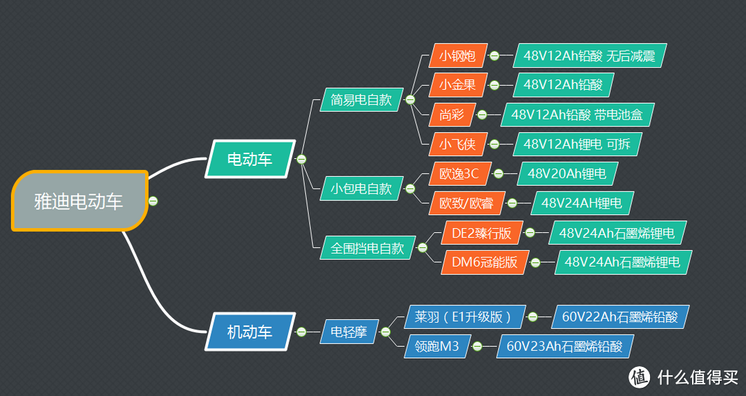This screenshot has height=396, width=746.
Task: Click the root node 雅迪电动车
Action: pos(79,201)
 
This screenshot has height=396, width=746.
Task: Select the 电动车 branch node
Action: pos(250,160)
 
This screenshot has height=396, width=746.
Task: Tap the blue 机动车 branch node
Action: pos(250,332)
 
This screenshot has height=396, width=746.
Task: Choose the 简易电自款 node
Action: pos(361,100)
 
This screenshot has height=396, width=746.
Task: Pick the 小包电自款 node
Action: pos(361,188)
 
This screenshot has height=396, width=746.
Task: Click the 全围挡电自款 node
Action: pos(367,248)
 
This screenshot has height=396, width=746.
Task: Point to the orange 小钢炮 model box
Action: pos(457,56)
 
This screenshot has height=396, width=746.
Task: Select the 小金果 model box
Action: pos(457,85)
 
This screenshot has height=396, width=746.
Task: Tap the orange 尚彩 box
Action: pos(452,115)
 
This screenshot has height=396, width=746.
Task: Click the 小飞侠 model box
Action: pos(457,144)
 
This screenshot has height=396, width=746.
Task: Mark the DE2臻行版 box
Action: pos(481,233)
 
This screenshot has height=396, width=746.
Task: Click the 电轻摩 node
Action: pos(348,332)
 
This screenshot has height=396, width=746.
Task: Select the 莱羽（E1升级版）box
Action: pos(463,317)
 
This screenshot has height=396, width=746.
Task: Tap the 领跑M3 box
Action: pos(437,346)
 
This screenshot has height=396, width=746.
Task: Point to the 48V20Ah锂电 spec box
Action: pos(566,173)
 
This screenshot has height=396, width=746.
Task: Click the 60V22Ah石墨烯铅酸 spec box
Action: pos(620,317)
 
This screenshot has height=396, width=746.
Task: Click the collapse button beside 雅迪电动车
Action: pos(153,201)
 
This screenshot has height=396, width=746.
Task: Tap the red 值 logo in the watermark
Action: pos(640,377)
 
